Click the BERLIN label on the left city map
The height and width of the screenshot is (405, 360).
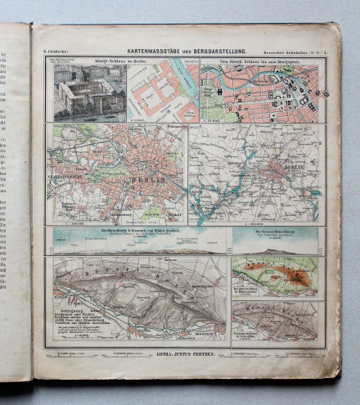click(150, 178)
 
